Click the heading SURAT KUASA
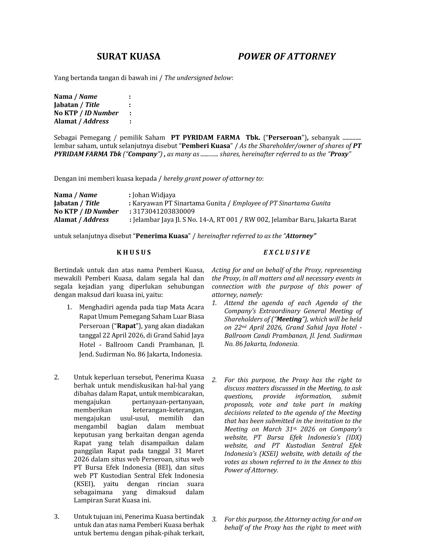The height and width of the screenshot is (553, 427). point(129,56)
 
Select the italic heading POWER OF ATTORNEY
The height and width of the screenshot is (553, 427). point(287,56)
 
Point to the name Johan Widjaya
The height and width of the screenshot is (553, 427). point(154,195)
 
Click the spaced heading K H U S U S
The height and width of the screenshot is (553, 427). point(134,253)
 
